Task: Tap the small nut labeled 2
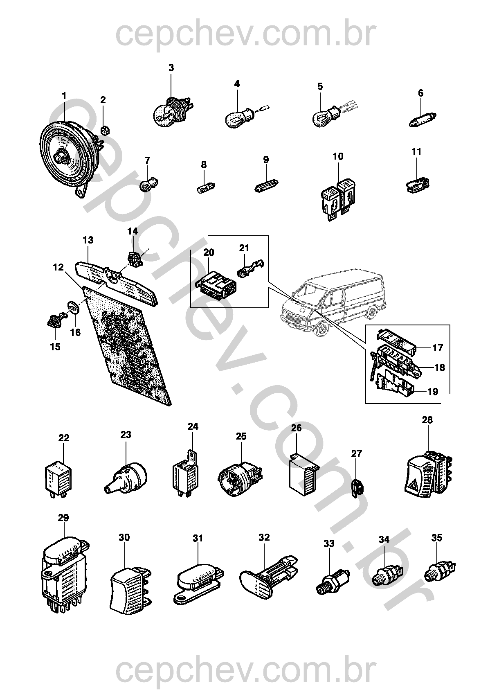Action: pyautogui.click(x=104, y=131)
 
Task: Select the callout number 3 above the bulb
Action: pyautogui.click(x=171, y=68)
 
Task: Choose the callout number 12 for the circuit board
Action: pyautogui.click(x=58, y=267)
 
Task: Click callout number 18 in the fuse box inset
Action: pyautogui.click(x=439, y=367)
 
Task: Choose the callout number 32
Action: pyautogui.click(x=265, y=537)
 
